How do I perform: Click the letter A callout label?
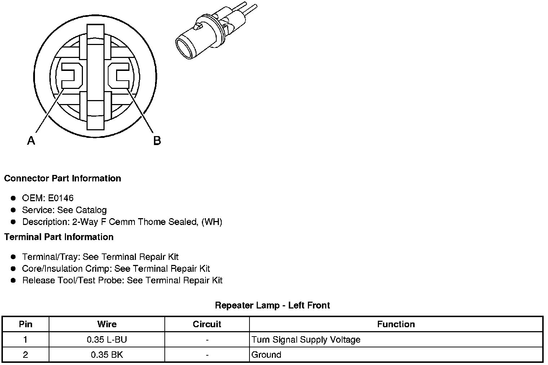31,140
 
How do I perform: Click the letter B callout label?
157,140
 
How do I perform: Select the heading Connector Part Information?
62,179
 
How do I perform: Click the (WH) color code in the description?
212,222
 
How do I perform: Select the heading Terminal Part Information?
59,237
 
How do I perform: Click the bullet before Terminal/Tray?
13,257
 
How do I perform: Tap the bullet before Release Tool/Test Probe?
13,280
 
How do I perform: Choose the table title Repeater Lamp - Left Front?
272,306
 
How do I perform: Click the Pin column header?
26,324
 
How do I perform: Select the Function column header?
396,324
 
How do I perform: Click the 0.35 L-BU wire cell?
107,339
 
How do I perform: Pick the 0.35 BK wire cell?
107,355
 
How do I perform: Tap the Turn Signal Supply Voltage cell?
306,339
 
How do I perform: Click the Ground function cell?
266,355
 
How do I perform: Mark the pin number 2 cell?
26,355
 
